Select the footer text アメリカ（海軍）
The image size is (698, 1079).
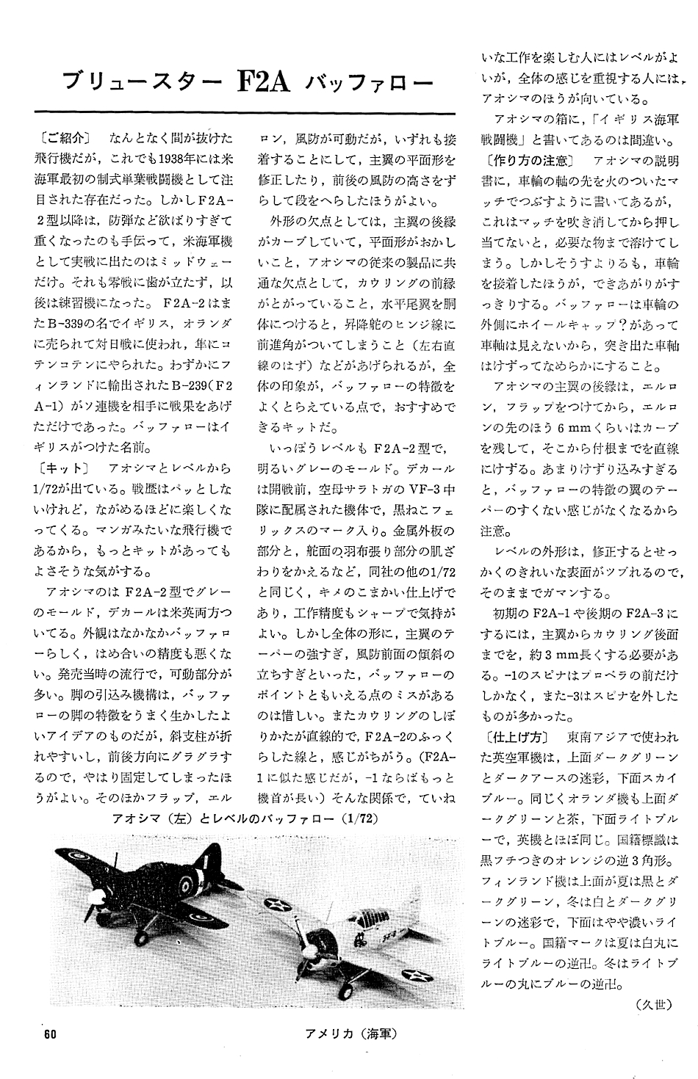pyautogui.click(x=351, y=1034)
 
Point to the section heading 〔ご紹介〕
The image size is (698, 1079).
pyautogui.click(x=61, y=137)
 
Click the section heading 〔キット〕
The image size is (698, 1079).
pyautogui.click(x=61, y=468)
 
